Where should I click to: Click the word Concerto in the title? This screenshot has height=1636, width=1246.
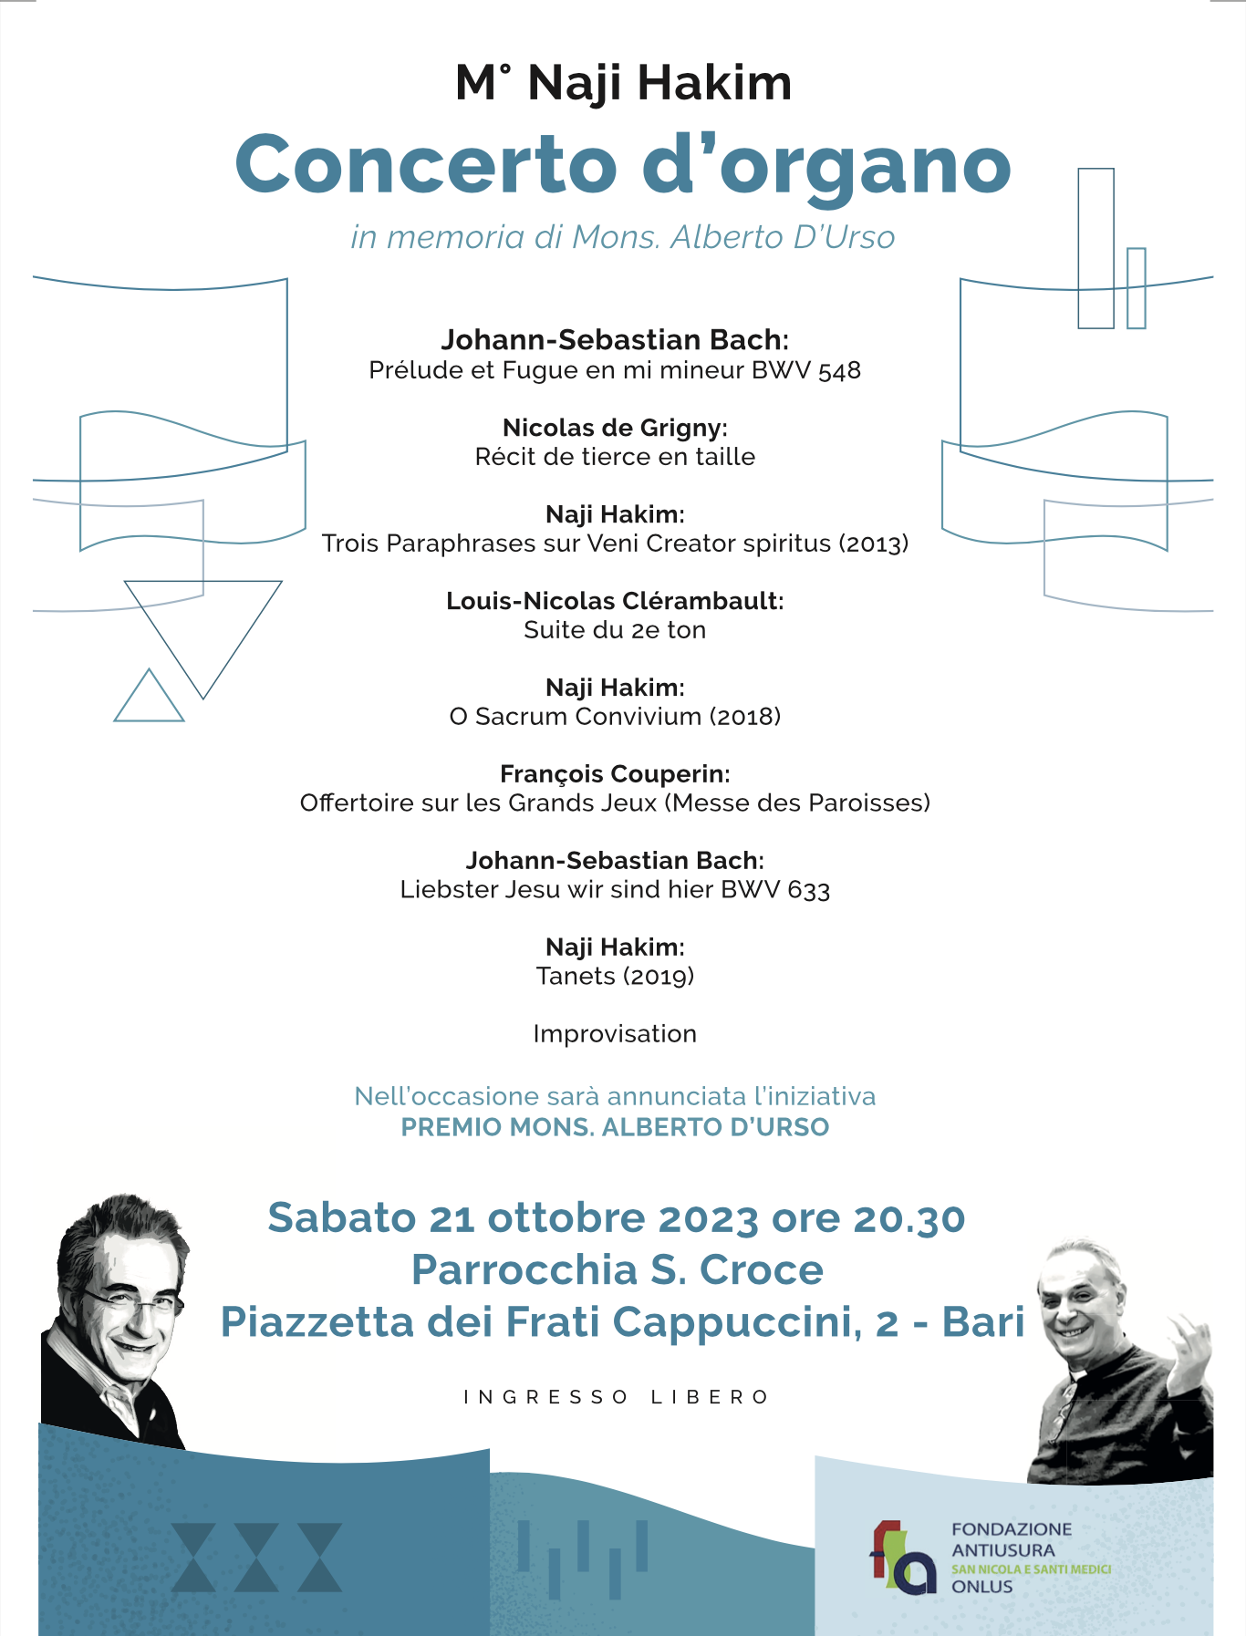click(426, 165)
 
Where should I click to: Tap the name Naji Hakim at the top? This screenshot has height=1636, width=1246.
click(659, 83)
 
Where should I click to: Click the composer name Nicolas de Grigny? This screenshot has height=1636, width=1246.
click(613, 428)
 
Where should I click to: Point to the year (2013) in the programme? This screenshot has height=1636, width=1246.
click(874, 544)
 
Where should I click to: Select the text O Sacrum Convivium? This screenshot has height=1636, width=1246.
click(576, 717)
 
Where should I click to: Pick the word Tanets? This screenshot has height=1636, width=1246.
click(576, 977)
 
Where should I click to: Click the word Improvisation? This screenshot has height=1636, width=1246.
click(615, 1034)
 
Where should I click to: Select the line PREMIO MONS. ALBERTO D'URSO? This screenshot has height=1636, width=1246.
click(615, 1127)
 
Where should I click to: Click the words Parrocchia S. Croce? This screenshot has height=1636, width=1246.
click(618, 1270)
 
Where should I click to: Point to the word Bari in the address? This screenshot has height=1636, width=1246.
click(983, 1322)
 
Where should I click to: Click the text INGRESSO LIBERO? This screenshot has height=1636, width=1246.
click(617, 1397)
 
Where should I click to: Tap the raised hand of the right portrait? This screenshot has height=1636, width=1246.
click(1190, 1341)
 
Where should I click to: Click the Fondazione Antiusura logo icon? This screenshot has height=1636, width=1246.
click(902, 1558)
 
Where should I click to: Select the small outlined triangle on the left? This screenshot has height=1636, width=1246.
click(149, 699)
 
